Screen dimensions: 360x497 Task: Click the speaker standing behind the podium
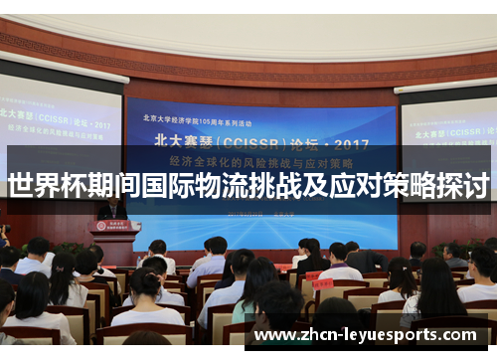111,208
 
